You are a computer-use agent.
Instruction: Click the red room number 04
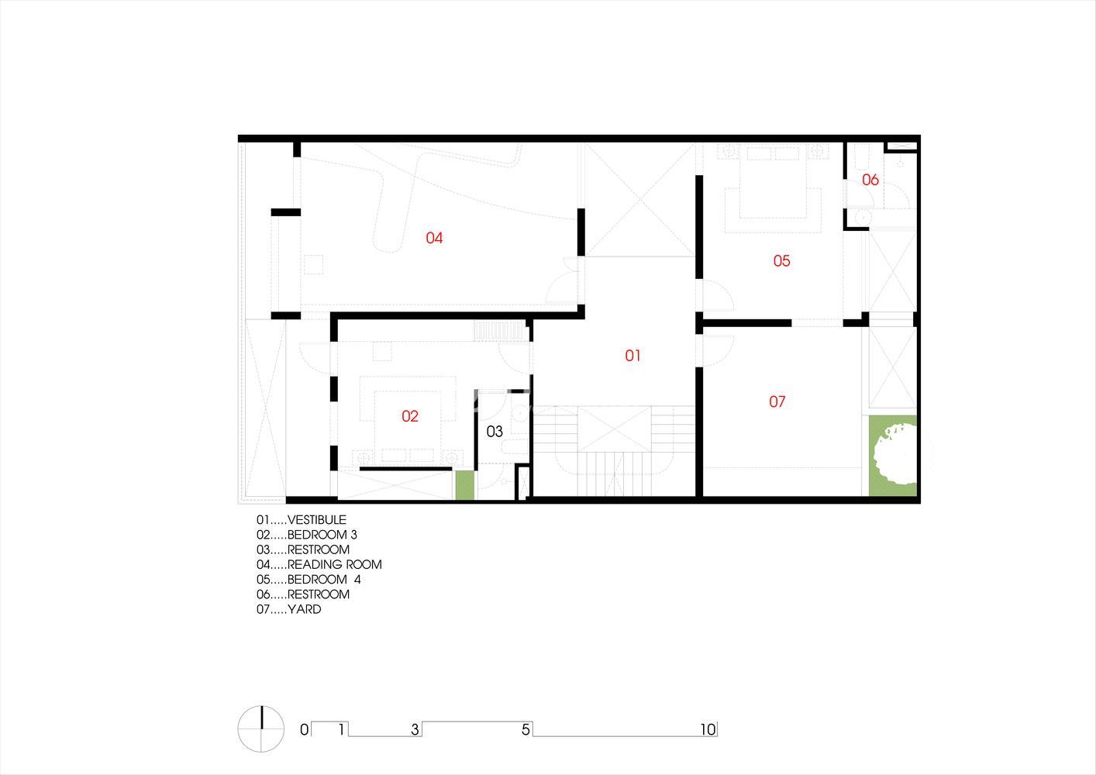pyautogui.click(x=434, y=238)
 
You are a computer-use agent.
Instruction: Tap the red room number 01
pyautogui.click(x=632, y=355)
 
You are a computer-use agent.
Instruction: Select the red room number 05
pyautogui.click(x=781, y=260)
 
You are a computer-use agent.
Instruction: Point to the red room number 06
pyautogui.click(x=870, y=180)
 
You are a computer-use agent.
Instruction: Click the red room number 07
pyautogui.click(x=777, y=401)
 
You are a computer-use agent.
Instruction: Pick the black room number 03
pyautogui.click(x=495, y=432)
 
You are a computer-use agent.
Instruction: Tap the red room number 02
pyautogui.click(x=409, y=416)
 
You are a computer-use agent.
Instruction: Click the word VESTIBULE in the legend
pyautogui.click(x=316, y=519)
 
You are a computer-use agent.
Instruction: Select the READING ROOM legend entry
pyautogui.click(x=319, y=565)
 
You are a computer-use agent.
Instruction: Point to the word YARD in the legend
pyautogui.click(x=305, y=609)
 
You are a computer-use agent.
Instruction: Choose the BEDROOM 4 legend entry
pyautogui.click(x=308, y=579)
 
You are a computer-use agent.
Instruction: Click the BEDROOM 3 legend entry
pyautogui.click(x=307, y=535)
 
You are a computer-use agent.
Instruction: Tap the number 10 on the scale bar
pyautogui.click(x=708, y=730)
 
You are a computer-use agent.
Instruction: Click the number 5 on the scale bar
pyautogui.click(x=526, y=730)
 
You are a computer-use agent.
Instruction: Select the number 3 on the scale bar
pyautogui.click(x=415, y=730)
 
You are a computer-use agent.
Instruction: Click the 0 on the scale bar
pyautogui.click(x=305, y=730)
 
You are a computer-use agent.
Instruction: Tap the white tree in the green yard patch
pyautogui.click(x=894, y=454)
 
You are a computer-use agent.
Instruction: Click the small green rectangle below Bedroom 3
pyautogui.click(x=465, y=485)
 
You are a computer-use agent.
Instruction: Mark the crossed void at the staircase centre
pyautogui.click(x=615, y=429)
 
